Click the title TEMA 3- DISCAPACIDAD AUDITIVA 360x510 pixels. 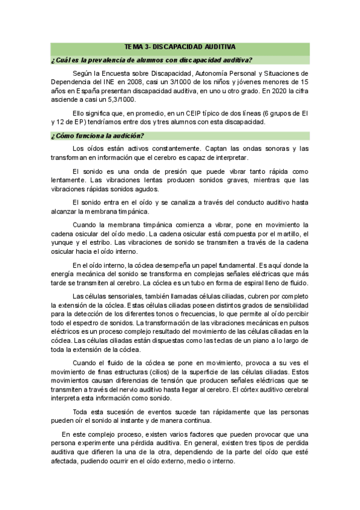(x=180, y=46)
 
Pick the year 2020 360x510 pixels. (x=273, y=92)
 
